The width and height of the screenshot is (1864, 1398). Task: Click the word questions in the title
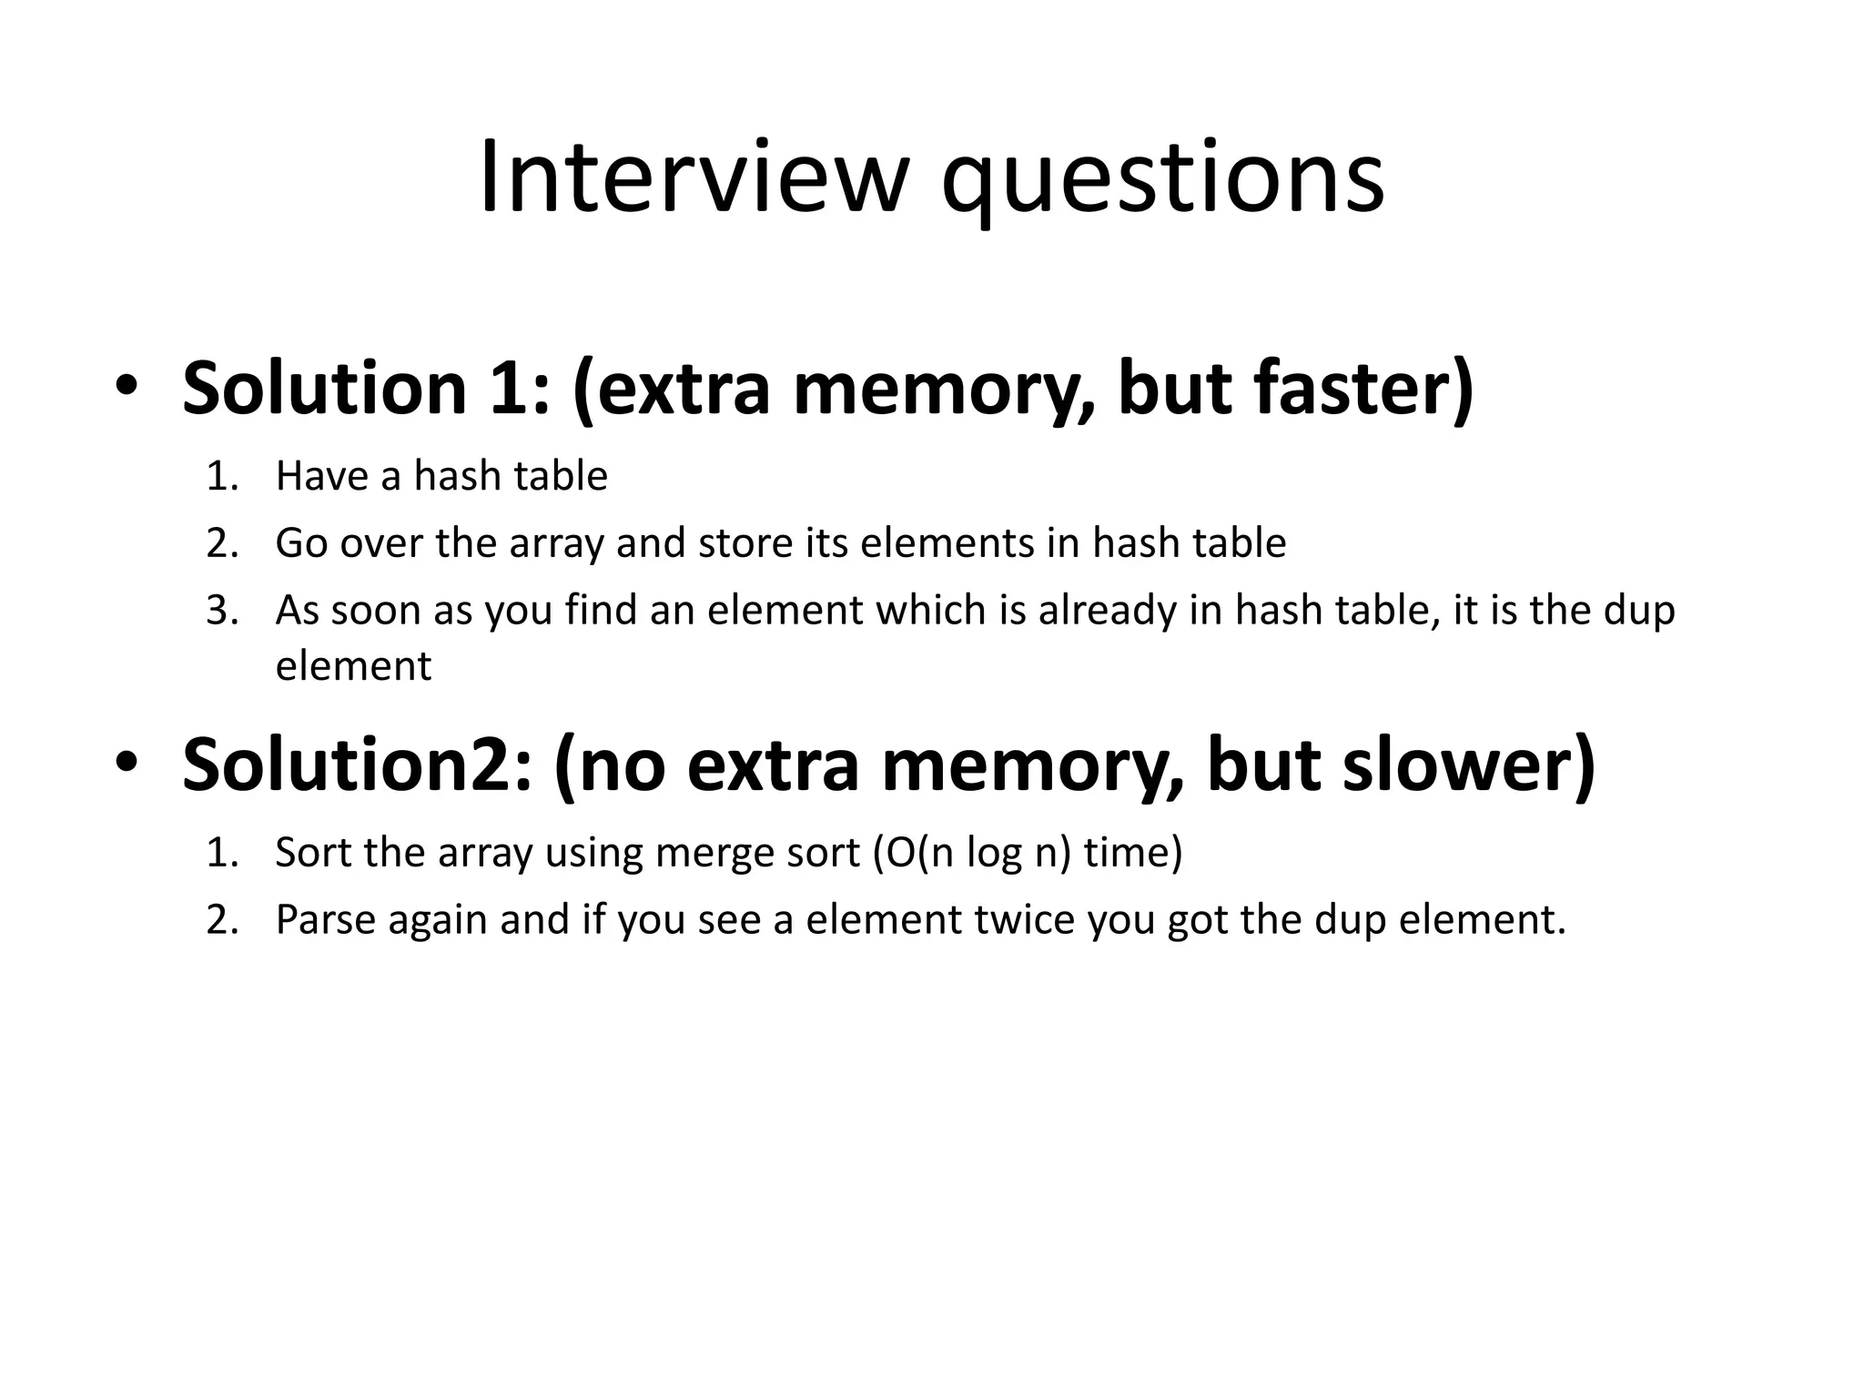click(1162, 182)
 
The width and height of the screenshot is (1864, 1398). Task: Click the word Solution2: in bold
click(357, 765)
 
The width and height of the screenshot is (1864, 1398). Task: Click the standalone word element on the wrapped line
click(353, 666)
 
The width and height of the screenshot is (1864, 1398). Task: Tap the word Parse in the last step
click(325, 920)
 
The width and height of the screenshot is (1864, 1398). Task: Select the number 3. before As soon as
click(222, 611)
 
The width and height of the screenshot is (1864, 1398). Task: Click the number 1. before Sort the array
click(222, 854)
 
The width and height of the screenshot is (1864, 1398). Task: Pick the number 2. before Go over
click(222, 544)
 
